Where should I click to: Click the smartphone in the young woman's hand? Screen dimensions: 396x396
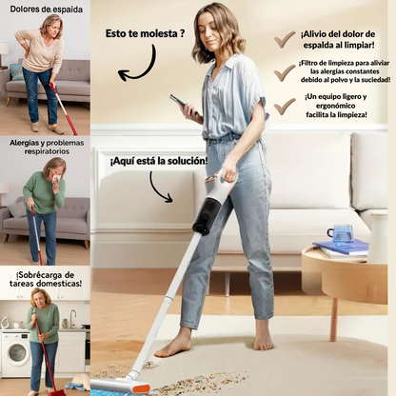click(x=180, y=103)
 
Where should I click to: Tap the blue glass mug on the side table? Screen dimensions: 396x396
click(x=341, y=233)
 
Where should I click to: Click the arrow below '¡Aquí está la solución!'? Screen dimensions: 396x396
click(x=158, y=189)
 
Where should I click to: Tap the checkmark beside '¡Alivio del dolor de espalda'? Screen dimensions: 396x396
click(x=285, y=40)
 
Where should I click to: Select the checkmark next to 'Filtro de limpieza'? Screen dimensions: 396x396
click(x=285, y=72)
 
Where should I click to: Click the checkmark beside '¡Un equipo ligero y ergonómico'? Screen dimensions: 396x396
click(x=285, y=107)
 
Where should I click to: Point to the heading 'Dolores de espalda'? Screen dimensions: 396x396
click(x=47, y=10)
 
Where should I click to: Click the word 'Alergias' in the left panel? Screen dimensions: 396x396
click(x=24, y=143)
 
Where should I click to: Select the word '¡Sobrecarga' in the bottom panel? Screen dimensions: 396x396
click(x=31, y=274)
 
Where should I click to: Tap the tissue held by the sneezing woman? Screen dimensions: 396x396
click(x=56, y=180)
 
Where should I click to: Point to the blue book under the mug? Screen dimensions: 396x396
click(x=342, y=246)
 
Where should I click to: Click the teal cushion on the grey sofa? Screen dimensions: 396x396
click(x=16, y=72)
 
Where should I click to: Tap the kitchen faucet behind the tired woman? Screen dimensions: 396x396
click(x=73, y=318)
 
